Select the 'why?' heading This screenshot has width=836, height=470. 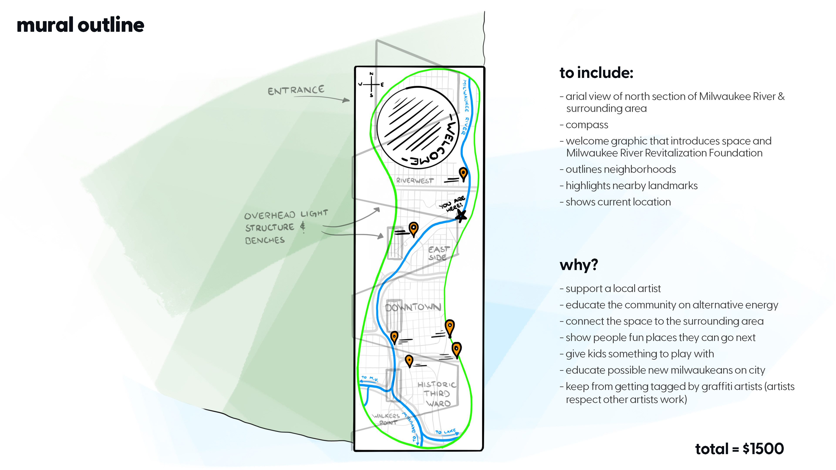coord(579,265)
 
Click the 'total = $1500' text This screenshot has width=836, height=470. coord(739,449)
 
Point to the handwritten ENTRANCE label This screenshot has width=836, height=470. coord(296,90)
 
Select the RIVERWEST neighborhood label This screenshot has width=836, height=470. coord(415,180)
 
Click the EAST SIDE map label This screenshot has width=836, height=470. coord(438,253)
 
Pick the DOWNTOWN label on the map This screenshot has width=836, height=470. coord(413,307)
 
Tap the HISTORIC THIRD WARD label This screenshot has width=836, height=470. coord(437,394)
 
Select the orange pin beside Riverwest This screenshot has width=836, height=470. coord(463,174)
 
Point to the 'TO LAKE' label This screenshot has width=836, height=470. coord(445,432)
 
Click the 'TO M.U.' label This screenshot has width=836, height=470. coord(369,378)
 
